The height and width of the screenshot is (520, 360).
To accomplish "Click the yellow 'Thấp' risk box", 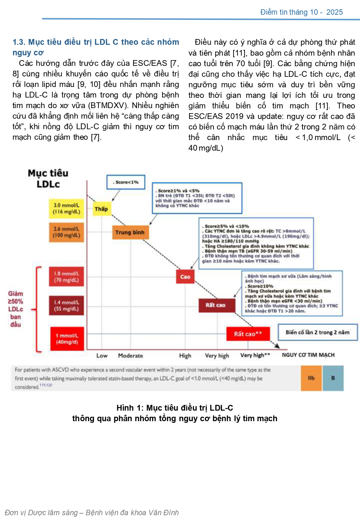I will point(101,209).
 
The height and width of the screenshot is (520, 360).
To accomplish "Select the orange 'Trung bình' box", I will point(130,232).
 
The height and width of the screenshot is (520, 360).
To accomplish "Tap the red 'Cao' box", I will point(185,277).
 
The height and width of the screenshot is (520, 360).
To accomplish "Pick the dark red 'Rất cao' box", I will point(216,305).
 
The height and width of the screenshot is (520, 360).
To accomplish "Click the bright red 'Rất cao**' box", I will point(248,334).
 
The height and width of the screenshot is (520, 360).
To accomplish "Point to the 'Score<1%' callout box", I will point(126,182).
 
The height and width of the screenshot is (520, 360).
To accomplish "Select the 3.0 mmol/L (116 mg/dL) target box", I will point(67,209).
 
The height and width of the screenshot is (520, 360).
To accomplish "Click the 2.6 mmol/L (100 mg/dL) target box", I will point(67,232).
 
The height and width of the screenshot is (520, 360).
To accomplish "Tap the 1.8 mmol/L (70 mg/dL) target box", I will point(67,277).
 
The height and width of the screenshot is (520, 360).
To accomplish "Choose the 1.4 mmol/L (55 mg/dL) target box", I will point(67,305).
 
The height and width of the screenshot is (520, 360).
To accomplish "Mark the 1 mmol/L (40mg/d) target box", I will point(67,339).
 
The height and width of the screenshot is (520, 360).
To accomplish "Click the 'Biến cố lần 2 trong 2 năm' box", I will point(317,332).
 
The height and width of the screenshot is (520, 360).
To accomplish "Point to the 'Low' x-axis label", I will point(102,356).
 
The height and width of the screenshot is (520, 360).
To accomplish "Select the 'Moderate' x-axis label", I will point(131,356).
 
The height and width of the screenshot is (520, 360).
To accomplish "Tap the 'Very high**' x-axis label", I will point(255,355).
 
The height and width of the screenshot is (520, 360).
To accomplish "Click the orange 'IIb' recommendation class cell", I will point(311,378).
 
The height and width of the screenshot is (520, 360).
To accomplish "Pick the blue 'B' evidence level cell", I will point(333,378).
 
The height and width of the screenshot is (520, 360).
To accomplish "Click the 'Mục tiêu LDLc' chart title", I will point(48,178).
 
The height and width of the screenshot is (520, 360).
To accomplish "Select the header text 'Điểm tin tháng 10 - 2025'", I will point(301,12).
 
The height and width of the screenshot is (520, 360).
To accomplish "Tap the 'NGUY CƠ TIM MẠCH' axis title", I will point(308,355).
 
